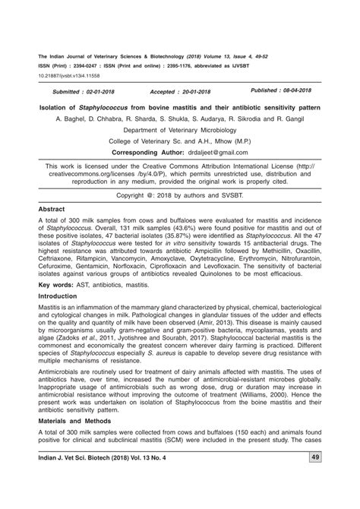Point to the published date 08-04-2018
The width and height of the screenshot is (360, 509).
309,89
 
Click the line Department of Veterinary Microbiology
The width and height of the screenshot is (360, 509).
179,130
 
